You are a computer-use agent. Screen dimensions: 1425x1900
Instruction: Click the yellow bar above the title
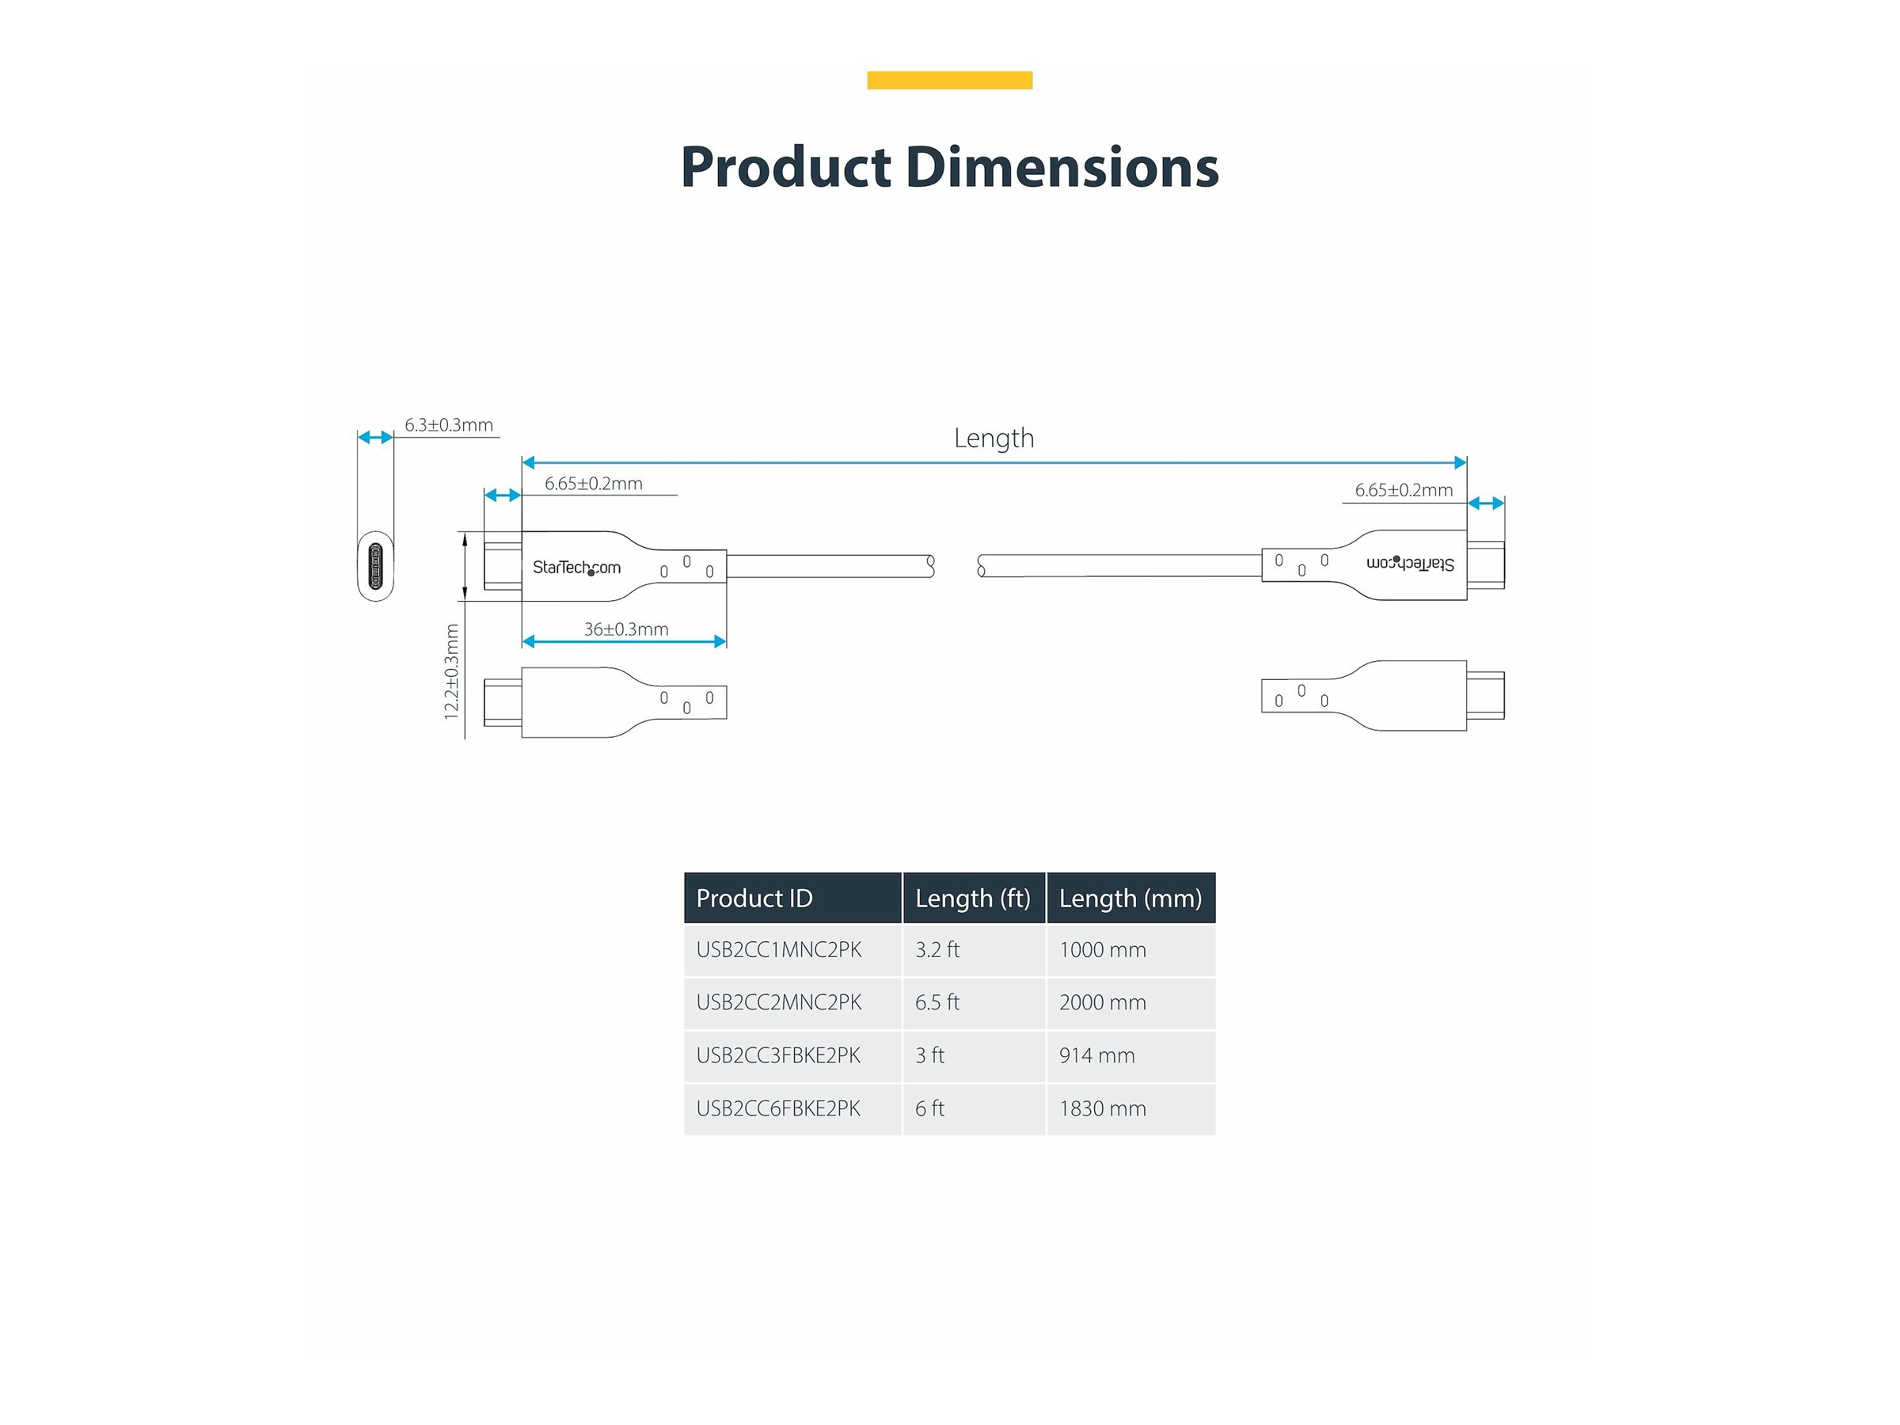[949, 80]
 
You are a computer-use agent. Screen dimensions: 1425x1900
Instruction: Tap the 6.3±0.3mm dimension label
[448, 425]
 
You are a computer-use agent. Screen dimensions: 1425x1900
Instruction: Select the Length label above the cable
[994, 438]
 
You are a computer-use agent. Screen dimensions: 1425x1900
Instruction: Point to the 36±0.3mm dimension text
[626, 629]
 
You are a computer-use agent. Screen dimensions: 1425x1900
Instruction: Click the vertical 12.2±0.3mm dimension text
[452, 671]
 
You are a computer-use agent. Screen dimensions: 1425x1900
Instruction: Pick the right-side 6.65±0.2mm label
[1404, 491]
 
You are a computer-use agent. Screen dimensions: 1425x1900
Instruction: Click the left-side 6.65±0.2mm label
[594, 484]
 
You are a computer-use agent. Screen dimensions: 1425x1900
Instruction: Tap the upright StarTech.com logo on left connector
[576, 567]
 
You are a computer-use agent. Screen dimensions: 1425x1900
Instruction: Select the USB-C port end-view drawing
[375, 567]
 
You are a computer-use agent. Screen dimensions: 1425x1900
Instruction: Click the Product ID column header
[754, 899]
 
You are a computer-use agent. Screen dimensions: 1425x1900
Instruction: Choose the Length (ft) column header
[972, 899]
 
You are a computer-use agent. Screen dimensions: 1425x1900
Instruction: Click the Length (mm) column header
[1130, 899]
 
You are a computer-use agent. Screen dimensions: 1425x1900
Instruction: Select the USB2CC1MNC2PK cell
[778, 950]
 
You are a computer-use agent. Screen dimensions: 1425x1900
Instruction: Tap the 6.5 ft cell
[937, 1002]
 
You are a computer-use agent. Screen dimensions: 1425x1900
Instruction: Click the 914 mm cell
[1097, 1055]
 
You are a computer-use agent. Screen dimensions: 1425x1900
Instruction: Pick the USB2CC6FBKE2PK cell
[778, 1109]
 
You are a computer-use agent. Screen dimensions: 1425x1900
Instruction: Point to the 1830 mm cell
[1103, 1109]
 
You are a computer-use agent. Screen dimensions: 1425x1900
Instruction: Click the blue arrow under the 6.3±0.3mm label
[375, 437]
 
